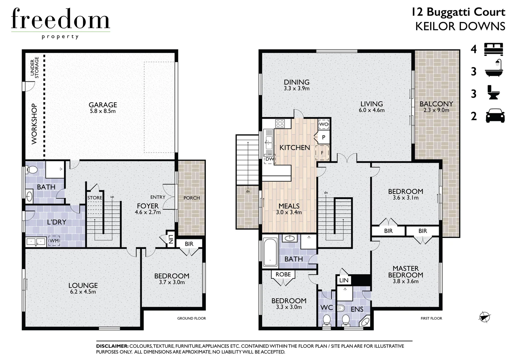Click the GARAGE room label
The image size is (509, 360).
click(103, 105)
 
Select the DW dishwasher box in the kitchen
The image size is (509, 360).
click(269, 160)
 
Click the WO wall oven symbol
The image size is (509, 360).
click(323, 124)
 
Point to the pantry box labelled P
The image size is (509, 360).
click(323, 137)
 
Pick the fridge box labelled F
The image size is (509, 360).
click(322, 153)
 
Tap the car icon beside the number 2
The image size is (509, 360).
click(495, 116)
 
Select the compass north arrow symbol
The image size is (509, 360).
click(485, 317)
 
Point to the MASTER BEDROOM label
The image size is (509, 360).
click(405, 272)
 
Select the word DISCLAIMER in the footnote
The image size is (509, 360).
click(112, 346)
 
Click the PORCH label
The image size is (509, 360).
click(192, 198)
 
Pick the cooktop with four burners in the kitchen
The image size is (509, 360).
click(279, 124)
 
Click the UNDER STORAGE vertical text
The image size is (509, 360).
click(35, 68)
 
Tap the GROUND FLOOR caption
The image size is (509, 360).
click(191, 318)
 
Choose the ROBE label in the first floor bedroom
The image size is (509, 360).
click(283, 274)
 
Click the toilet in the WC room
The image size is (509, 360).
click(326, 321)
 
